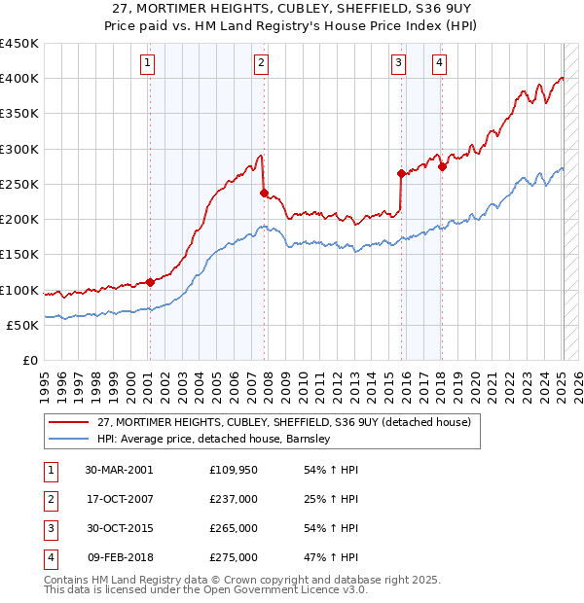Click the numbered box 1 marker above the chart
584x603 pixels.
[147, 64]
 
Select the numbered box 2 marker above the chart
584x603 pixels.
[262, 64]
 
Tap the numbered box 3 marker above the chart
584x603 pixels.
[399, 64]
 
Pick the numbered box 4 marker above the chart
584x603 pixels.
[440, 64]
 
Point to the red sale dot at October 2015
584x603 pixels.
[401, 174]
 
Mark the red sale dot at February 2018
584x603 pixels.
[442, 166]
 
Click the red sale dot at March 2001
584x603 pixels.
[151, 283]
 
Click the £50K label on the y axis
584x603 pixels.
[23, 326]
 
